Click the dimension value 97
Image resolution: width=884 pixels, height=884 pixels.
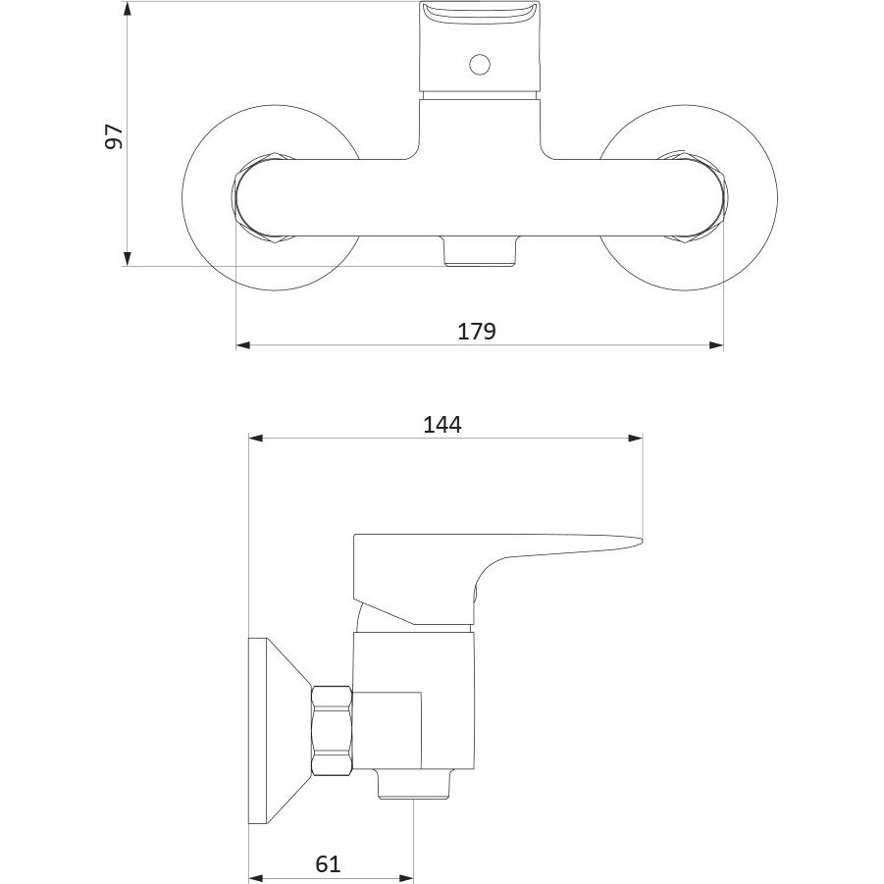(114, 136)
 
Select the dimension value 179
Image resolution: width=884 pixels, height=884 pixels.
(477, 332)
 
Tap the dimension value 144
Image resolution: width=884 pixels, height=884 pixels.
(442, 425)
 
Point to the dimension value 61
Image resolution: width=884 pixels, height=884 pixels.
(328, 863)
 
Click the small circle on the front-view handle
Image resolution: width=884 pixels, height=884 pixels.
(479, 65)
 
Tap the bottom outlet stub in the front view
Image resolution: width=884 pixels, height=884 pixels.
(480, 251)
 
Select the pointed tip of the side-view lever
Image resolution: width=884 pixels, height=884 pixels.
(642, 541)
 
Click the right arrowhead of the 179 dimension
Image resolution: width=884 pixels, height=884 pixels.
(716, 345)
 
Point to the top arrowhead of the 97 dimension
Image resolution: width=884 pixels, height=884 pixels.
(128, 9)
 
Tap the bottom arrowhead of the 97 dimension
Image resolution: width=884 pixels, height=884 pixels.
(128, 259)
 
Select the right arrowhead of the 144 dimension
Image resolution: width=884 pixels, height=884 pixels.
(636, 438)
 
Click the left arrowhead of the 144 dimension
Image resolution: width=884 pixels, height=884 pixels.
(256, 438)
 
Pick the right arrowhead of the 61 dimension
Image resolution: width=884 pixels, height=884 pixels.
(406, 878)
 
